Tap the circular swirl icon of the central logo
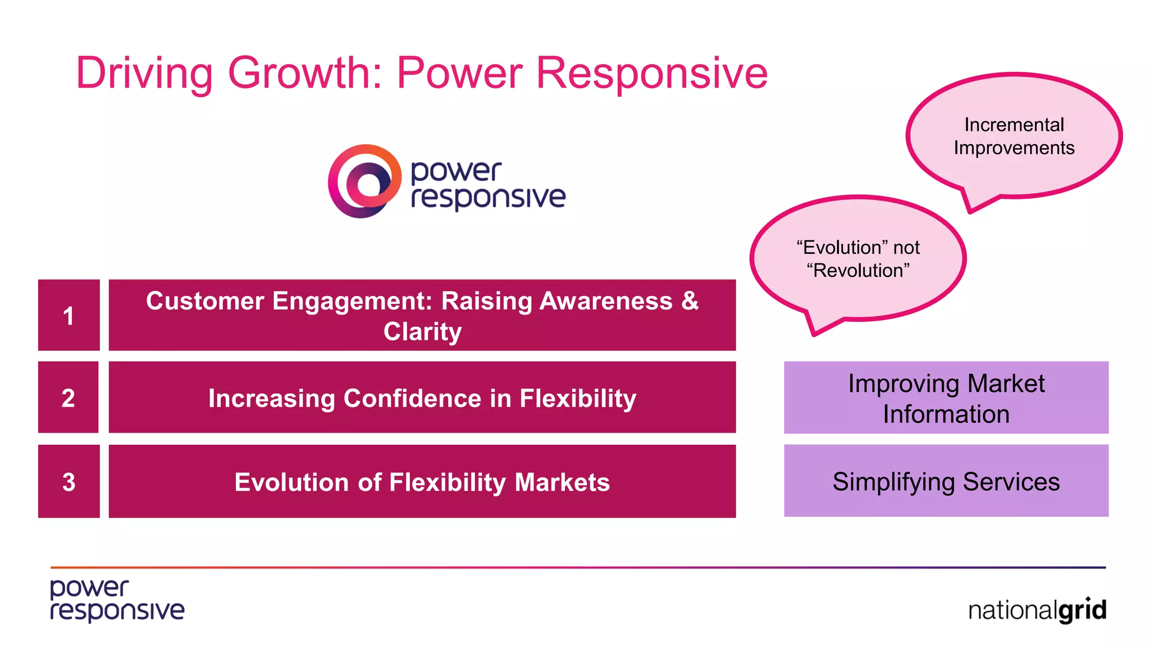coord(365,181)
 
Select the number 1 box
coord(69,315)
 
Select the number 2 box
coord(69,398)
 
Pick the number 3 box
coord(69,481)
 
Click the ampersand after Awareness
coord(690,300)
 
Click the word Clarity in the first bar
coord(422,331)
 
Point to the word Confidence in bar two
coord(412,398)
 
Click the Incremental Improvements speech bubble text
coord(1014,136)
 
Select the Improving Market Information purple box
coord(946,398)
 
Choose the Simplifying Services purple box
coord(946,481)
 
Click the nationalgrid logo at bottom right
coord(1037,610)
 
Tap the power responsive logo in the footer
coord(117,600)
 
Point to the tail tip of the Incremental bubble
coord(971,212)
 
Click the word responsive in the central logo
coord(488,197)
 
